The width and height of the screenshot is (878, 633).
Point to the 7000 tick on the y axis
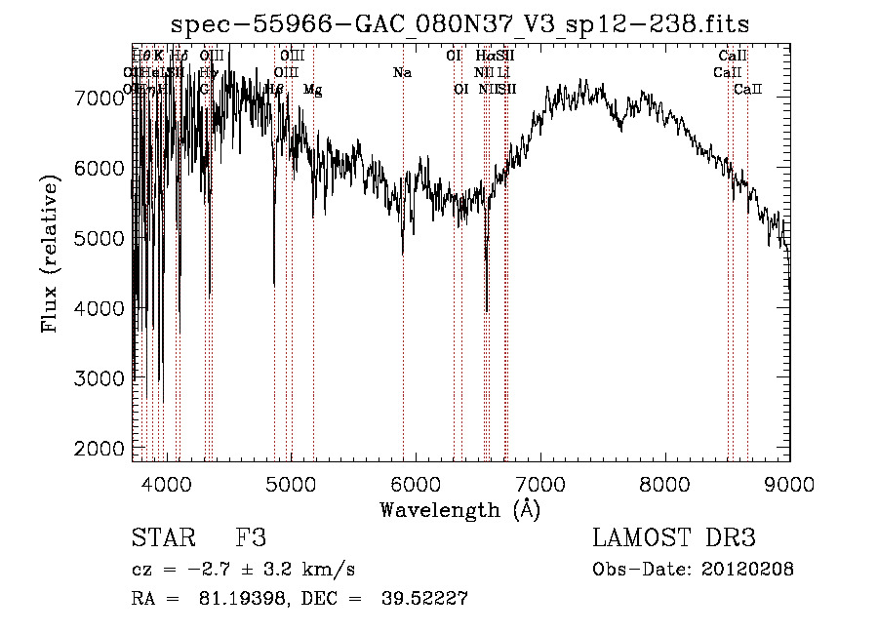(99, 98)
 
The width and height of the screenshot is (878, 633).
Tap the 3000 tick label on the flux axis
(99, 378)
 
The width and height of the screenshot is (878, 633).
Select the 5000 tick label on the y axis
(99, 238)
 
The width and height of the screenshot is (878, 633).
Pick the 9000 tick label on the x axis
(789, 482)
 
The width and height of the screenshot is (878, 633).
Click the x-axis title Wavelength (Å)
(459, 509)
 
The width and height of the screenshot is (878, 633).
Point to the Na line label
(402, 73)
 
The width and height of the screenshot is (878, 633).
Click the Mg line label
(312, 90)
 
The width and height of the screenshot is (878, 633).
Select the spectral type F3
(251, 538)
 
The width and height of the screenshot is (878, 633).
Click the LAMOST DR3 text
(674, 538)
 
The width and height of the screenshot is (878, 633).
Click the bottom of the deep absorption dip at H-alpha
(487, 311)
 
